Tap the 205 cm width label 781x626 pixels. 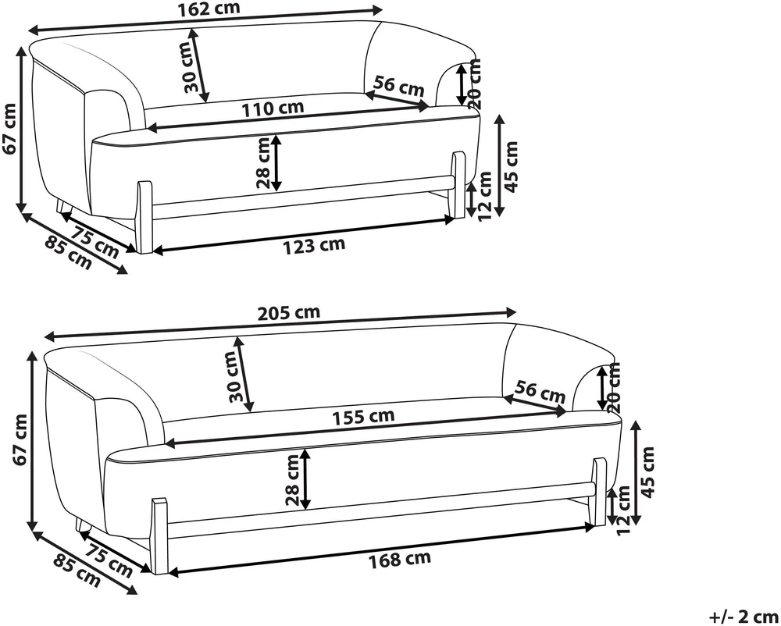[289, 313]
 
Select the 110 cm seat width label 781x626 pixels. [273, 108]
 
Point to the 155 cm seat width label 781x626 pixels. [364, 417]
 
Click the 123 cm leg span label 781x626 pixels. [314, 245]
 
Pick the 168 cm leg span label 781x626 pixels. [399, 560]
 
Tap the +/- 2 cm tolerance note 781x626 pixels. [744, 617]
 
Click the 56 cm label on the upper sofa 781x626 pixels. [399, 86]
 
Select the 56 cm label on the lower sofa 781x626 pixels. [540, 391]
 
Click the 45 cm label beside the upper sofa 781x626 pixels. [512, 166]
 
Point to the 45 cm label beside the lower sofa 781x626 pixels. [647, 471]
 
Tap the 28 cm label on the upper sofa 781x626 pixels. [263, 162]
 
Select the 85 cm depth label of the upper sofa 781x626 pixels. [68, 253]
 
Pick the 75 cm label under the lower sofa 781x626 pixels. [109, 560]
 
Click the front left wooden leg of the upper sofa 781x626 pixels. [145, 217]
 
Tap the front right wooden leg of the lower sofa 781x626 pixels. [600, 491]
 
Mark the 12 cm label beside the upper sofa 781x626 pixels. [484, 197]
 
